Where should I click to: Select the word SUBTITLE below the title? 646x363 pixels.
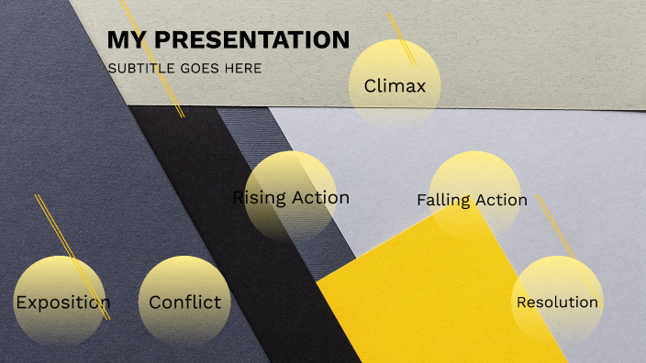click(142, 68)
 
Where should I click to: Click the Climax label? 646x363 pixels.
click(395, 86)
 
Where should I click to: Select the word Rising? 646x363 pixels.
click(260, 197)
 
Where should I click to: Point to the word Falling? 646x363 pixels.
click(443, 200)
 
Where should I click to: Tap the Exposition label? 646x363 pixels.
click(62, 302)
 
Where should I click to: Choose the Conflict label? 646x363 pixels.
click(184, 302)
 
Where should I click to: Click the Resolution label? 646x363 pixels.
click(557, 302)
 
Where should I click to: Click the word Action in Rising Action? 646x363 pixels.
click(320, 197)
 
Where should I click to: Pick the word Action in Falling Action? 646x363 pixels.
click(501, 200)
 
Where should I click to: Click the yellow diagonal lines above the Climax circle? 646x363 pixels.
click(401, 38)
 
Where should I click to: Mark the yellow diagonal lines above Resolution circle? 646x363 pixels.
click(554, 225)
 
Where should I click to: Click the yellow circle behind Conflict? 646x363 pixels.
click(184, 275)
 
